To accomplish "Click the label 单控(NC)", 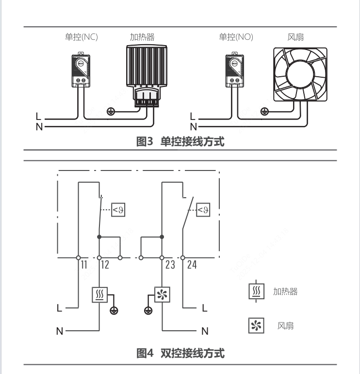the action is pos(81,37).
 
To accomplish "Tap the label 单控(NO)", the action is pos(236,37).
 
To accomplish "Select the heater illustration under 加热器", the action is pos(147,76).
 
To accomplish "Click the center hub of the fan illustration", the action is pos(300,74).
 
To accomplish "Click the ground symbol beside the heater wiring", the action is pos(111,111).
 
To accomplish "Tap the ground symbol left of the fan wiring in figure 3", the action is pos(264,111).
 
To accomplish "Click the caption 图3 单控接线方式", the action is pos(180,141).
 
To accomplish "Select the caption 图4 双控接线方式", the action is pos(180,353).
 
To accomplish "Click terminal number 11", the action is pos(83,265).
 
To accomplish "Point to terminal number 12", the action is pos(105,265).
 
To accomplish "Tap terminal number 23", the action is pos(170,265).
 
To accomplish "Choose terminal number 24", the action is pos(192,265).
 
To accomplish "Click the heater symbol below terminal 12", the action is pos(99,295).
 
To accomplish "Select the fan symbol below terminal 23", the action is pos(162,295).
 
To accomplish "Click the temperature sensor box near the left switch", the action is pos(118,210).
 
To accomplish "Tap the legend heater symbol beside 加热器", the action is pos(256,291).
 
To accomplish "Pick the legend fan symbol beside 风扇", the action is pos(256,325).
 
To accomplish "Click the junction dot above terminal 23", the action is pos(162,237).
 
